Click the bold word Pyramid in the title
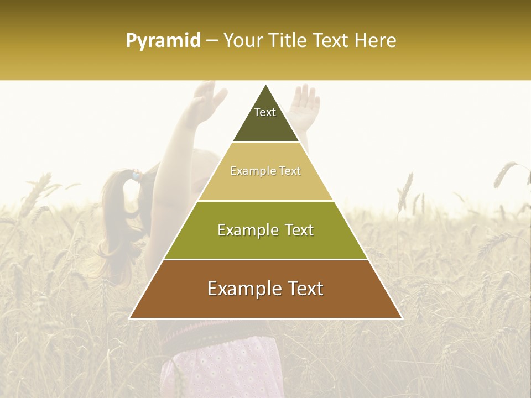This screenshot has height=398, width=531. coord(163,41)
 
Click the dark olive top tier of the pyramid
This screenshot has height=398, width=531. coord(265,124)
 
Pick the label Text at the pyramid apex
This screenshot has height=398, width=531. coord(265,112)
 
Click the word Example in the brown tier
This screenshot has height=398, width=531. coord(242,289)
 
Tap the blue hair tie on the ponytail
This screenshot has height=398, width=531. coord(136,176)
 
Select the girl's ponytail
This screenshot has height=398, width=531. coord(119,216)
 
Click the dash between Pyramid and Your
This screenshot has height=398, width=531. coord(211,41)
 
